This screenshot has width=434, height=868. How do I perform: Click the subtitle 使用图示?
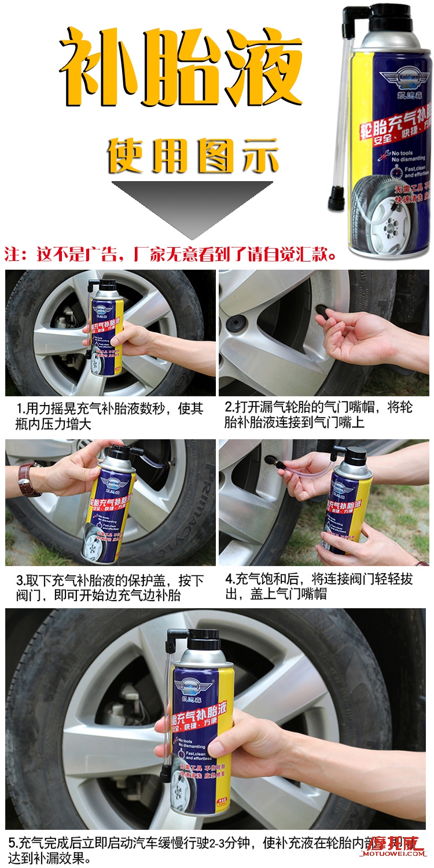[193, 155]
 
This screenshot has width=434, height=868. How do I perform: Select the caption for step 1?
[110, 416]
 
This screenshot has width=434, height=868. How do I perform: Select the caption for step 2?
[318, 415]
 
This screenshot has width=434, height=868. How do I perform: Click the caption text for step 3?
[110, 587]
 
